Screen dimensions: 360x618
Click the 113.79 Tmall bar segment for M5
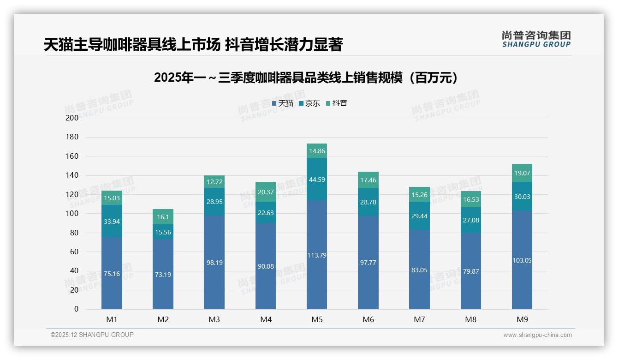coord(316,255)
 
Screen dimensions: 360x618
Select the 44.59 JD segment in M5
coord(316,179)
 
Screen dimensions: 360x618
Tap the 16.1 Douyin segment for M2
coord(163,216)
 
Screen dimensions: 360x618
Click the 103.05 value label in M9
coord(522,260)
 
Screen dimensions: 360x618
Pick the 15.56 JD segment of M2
coord(163,232)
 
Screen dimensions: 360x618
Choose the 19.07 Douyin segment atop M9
coord(522,173)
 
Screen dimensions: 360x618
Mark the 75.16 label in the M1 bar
coord(112,274)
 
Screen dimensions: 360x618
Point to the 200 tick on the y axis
coord(72,118)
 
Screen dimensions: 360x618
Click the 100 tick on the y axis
coord(72,213)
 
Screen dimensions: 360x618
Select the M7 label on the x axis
coord(419,319)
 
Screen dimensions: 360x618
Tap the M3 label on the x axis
coord(214,319)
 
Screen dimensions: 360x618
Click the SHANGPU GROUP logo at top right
coord(536,39)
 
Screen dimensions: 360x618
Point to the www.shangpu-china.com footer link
coord(537,335)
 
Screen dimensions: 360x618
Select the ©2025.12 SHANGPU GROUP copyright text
coord(92,335)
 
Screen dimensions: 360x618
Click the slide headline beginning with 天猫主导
coord(193,45)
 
